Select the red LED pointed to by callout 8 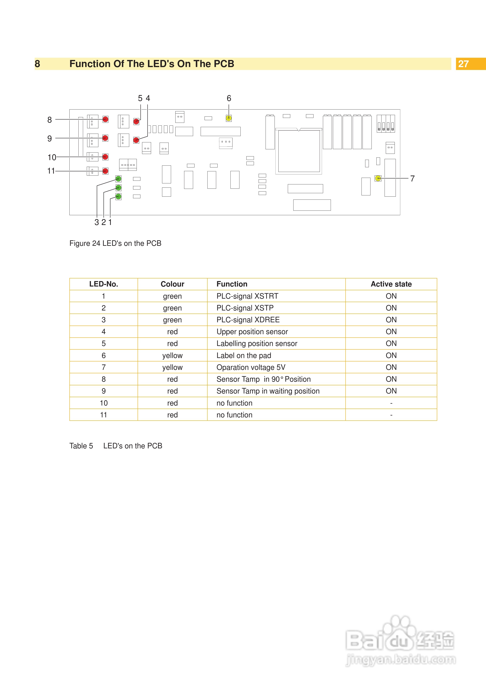(105, 119)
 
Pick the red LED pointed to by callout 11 (105, 171)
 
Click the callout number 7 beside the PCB (412, 179)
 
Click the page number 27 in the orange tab (463, 64)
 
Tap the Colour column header (172, 284)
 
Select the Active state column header (391, 284)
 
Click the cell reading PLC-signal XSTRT (247, 296)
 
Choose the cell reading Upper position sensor (252, 331)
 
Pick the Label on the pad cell (244, 356)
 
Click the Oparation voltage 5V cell (251, 367)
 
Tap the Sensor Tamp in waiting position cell (268, 391)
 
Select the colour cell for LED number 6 (172, 356)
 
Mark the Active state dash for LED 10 (391, 403)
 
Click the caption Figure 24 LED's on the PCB (115, 243)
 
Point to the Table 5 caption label (81, 446)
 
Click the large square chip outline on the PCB (299, 151)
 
